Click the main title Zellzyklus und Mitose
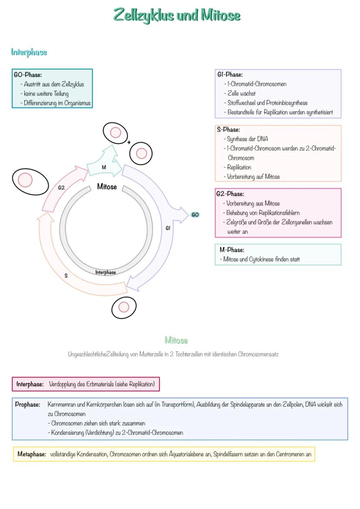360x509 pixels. (x=177, y=15)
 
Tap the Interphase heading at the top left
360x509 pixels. (x=29, y=52)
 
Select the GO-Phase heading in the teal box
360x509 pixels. (x=28, y=75)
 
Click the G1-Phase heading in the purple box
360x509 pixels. (x=230, y=75)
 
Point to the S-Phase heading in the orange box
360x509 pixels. (x=228, y=130)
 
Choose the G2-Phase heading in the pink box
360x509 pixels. (x=230, y=194)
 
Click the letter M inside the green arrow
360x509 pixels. (x=104, y=167)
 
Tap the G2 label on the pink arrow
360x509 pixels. (x=61, y=188)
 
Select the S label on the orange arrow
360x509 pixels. (x=66, y=276)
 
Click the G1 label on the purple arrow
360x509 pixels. (x=168, y=228)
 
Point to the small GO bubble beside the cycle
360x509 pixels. (x=195, y=215)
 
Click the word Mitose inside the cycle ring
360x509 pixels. (x=107, y=187)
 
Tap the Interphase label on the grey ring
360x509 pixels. (x=106, y=273)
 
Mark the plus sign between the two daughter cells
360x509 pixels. (x=129, y=142)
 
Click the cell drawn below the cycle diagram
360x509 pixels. (x=124, y=308)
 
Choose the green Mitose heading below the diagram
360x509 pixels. (x=176, y=340)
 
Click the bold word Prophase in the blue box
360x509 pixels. (x=27, y=404)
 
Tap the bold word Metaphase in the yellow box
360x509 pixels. (x=32, y=454)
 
